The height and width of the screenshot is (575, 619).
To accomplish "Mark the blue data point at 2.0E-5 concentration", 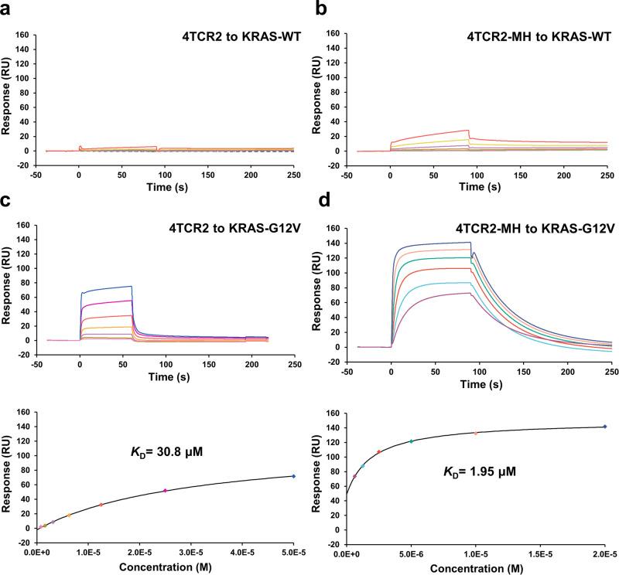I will (604, 427).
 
